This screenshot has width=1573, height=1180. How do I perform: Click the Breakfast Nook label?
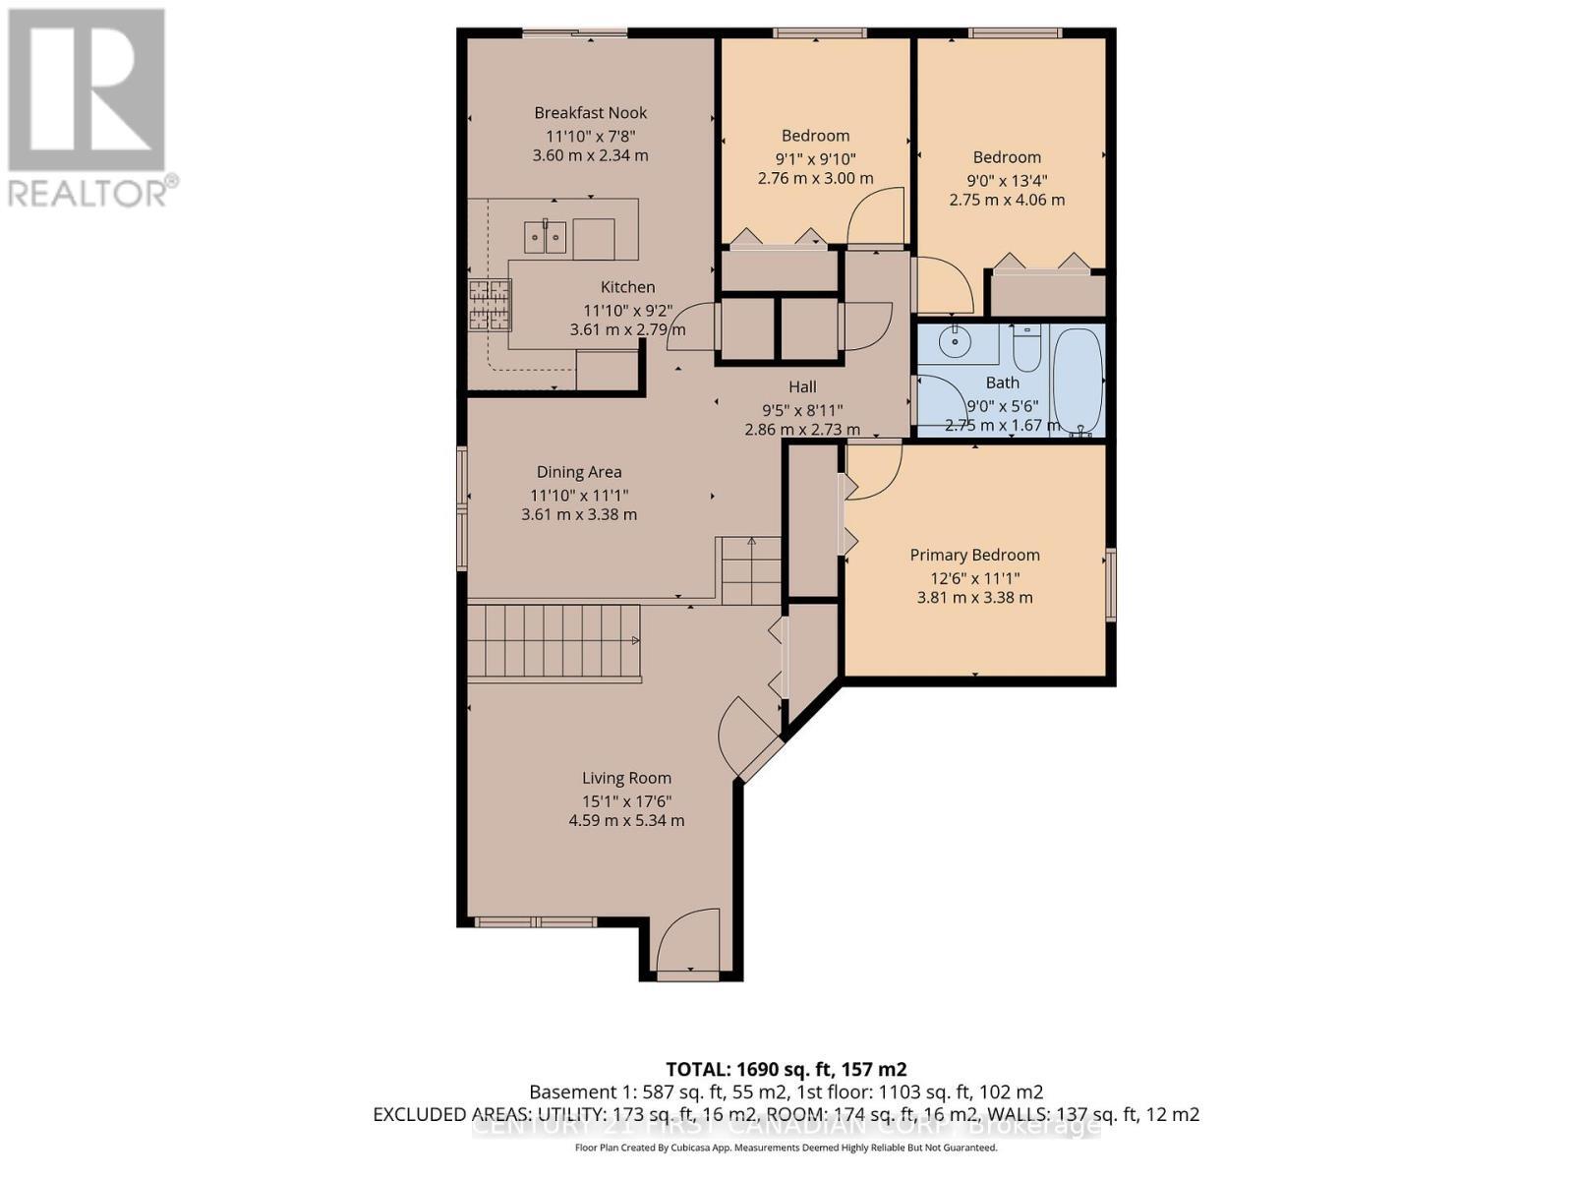[x=590, y=112]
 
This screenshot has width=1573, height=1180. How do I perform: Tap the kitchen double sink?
[x=545, y=237]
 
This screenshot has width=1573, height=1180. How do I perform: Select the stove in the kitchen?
[x=491, y=304]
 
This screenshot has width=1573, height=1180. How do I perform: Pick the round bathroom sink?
[x=954, y=343]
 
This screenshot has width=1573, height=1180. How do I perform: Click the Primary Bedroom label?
[x=974, y=555]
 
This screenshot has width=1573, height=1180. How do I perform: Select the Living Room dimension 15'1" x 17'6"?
[x=626, y=800]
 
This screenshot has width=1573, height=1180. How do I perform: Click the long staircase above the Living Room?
[x=553, y=641]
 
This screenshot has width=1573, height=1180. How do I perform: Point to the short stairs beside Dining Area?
[x=751, y=571]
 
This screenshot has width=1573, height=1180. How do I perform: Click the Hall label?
[x=802, y=386]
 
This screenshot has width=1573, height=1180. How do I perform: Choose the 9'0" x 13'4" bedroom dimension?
[x=1007, y=179]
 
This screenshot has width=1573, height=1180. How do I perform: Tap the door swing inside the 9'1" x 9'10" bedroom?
[x=878, y=217]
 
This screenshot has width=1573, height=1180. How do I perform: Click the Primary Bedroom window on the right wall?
[x=1111, y=584]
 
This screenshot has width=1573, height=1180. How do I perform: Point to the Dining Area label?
[x=578, y=472]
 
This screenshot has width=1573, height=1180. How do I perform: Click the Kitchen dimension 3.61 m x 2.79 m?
[x=627, y=329]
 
